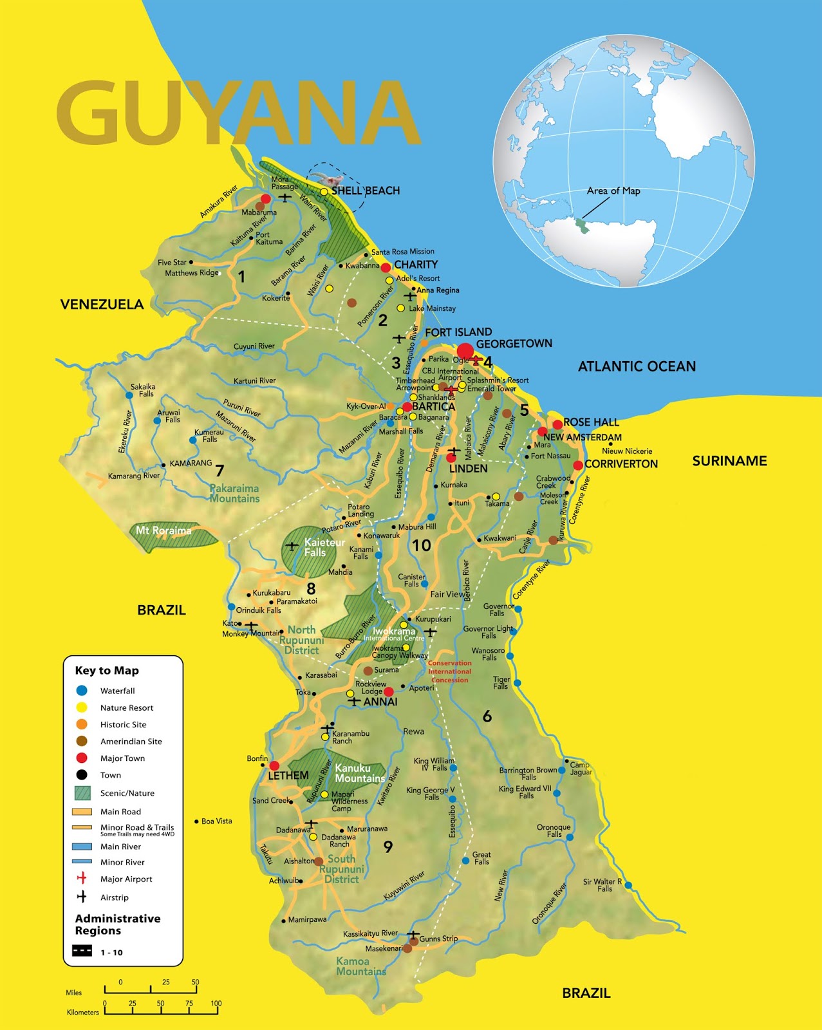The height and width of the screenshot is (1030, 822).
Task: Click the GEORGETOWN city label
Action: pyautogui.click(x=514, y=344)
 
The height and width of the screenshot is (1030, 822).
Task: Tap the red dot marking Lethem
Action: pyautogui.click(x=274, y=766)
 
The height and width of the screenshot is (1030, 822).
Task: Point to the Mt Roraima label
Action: pyautogui.click(x=163, y=531)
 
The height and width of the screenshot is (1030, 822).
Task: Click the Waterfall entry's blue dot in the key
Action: pyautogui.click(x=82, y=691)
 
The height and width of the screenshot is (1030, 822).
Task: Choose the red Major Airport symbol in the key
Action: pyautogui.click(x=82, y=879)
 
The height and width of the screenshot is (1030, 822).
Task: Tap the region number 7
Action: pyautogui.click(x=220, y=471)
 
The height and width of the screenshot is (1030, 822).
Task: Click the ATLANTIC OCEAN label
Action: pyautogui.click(x=636, y=366)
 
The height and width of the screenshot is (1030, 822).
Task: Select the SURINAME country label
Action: pyautogui.click(x=729, y=461)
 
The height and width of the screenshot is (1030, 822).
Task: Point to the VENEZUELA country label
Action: pyautogui.click(x=102, y=304)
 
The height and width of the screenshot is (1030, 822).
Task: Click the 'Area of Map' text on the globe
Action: pyautogui.click(x=613, y=191)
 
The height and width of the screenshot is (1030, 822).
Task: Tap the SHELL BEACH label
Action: pyautogui.click(x=365, y=191)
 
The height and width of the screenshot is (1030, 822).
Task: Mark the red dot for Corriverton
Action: pyautogui.click(x=578, y=465)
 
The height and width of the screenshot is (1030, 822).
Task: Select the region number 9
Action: pyautogui.click(x=388, y=847)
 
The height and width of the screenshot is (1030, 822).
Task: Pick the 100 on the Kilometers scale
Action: pyautogui.click(x=216, y=1003)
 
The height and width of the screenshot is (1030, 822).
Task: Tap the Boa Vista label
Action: pyautogui.click(x=216, y=821)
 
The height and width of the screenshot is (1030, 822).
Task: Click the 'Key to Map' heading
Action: pyautogui.click(x=107, y=671)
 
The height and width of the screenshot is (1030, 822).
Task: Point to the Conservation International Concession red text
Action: pyautogui.click(x=449, y=671)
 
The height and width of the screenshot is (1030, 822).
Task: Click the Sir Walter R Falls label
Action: pyautogui.click(x=602, y=885)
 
